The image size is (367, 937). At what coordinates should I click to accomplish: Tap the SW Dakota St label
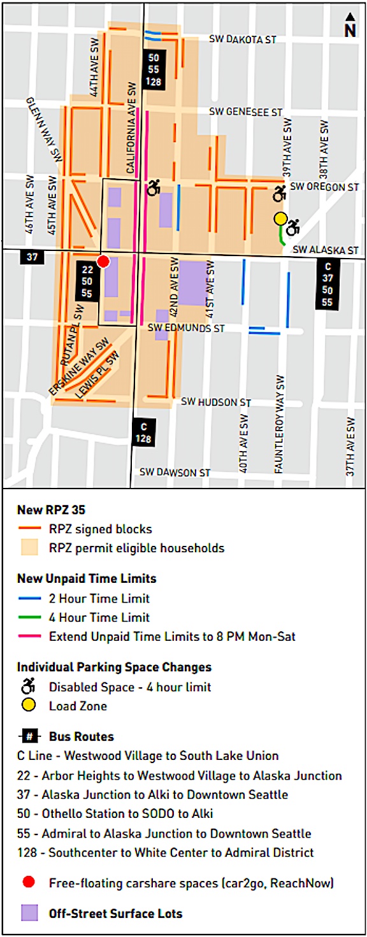coord(242,39)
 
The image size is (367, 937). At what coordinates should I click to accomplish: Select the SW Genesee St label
coord(245,112)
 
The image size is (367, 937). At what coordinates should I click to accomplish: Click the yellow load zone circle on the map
coord(280,218)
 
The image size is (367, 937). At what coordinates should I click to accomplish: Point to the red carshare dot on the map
coord(103,262)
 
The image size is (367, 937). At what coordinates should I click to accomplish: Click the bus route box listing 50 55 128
coord(154,68)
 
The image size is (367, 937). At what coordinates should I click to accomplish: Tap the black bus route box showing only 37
coord(31,257)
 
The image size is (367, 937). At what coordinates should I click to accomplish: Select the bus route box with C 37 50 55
coord(327,285)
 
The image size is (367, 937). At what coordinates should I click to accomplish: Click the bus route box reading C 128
coord(143,433)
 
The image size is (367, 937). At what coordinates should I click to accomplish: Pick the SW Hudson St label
coord(216,402)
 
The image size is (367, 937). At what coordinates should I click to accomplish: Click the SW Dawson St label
coord(175,473)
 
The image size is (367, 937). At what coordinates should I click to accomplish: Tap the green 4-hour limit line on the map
coord(282,237)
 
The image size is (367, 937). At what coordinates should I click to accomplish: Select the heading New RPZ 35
coord(51,510)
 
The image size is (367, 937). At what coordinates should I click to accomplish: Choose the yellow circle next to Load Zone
coord(29,706)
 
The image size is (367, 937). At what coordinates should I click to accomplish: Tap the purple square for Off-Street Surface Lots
coord(29,913)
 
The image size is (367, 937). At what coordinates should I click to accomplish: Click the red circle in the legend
coord(29,882)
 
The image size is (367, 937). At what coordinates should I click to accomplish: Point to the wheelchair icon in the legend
coord(29,687)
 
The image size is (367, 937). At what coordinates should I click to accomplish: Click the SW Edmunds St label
coord(186,328)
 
